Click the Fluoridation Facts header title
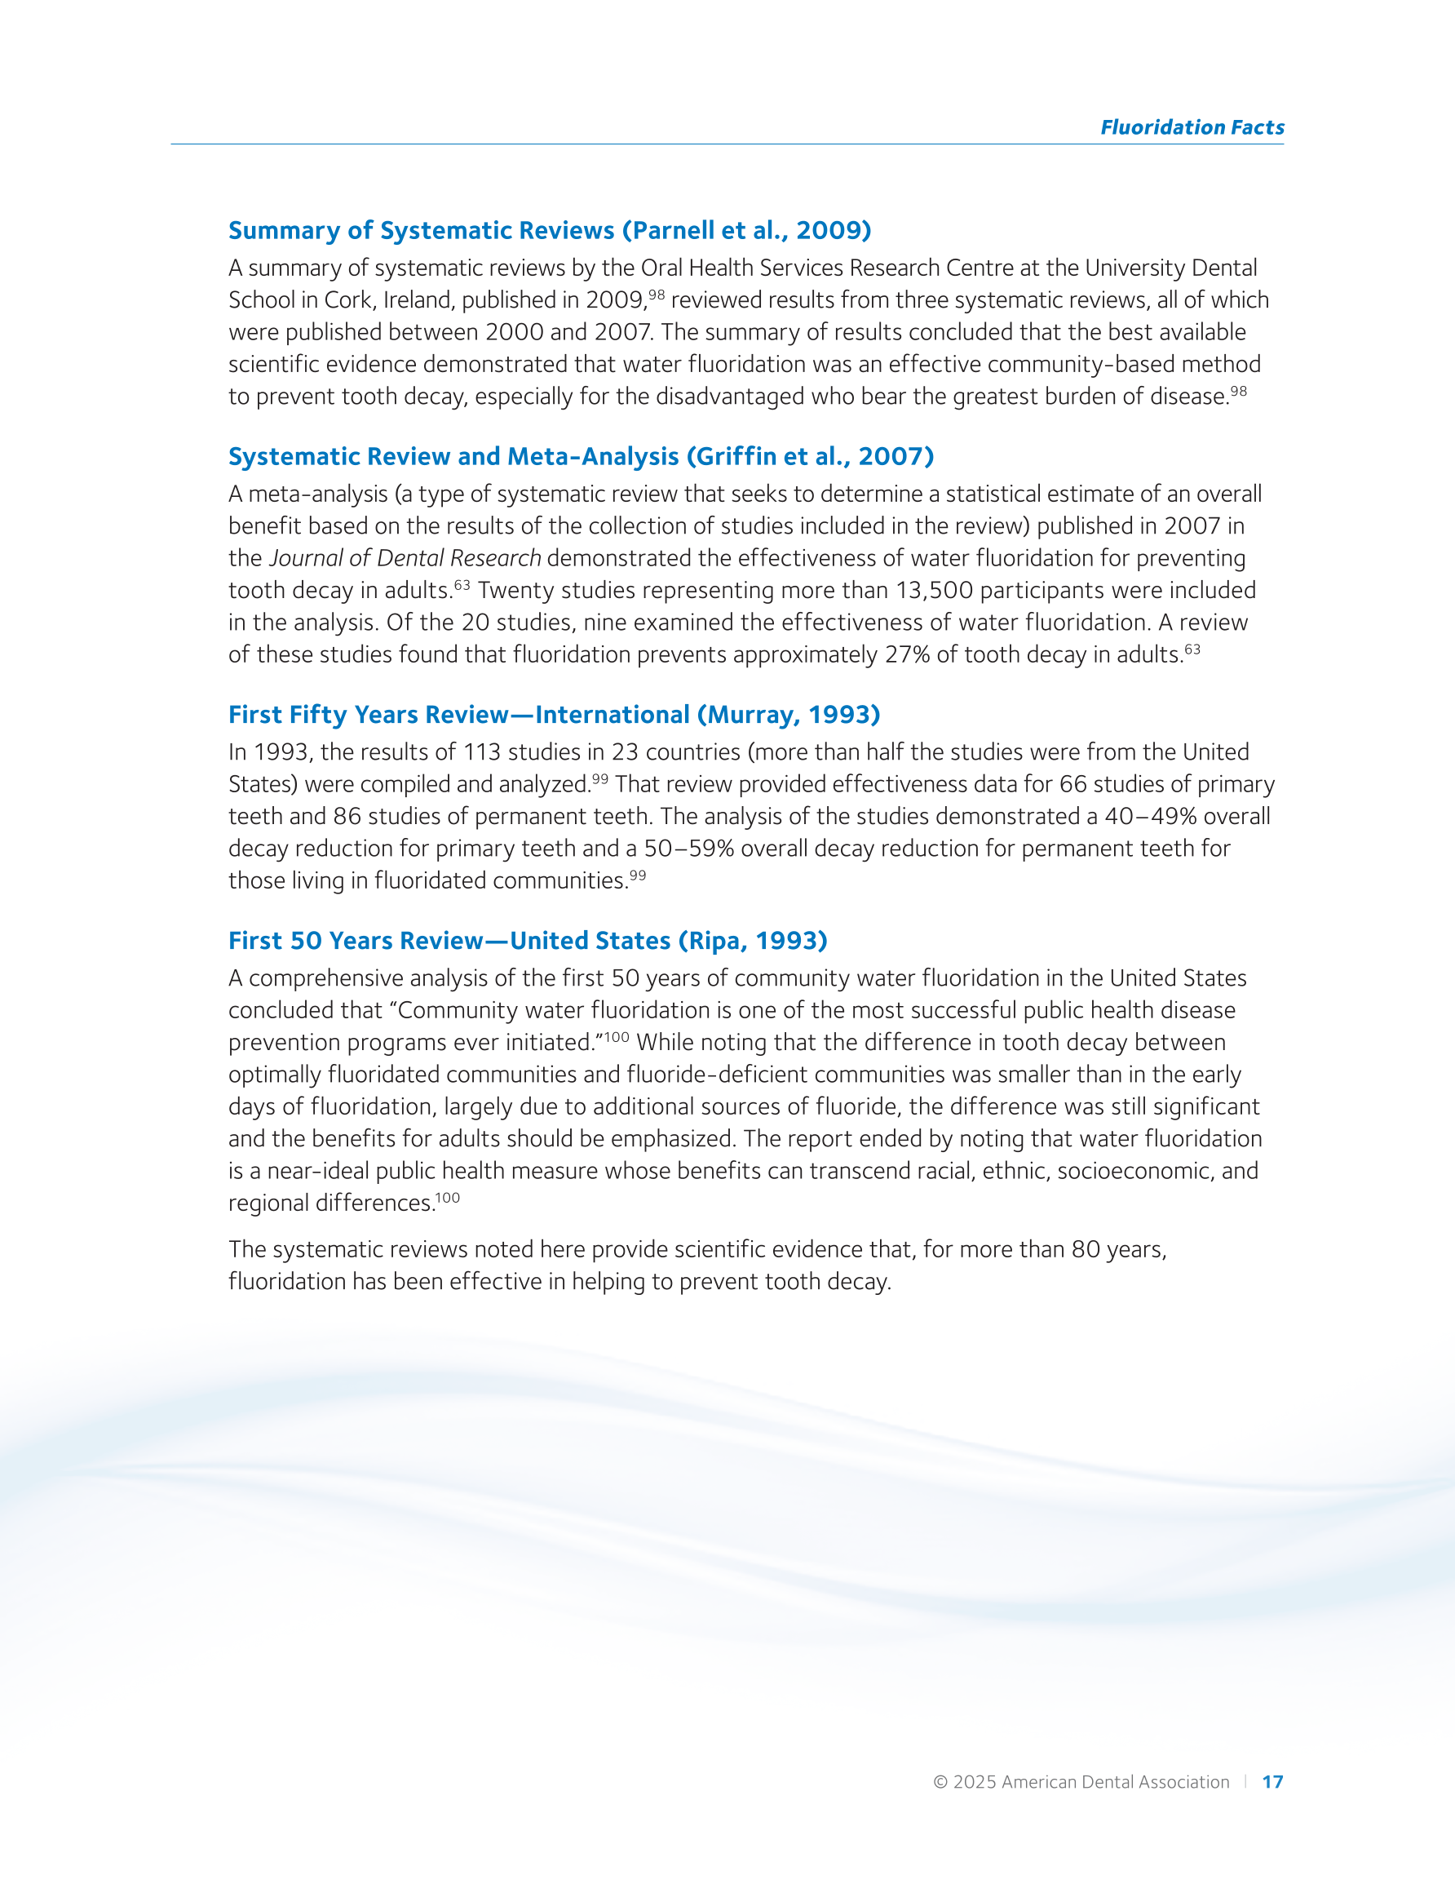click(1192, 127)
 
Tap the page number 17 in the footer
click(1272, 1781)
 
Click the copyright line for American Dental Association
click(1081, 1781)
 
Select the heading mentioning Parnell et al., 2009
click(550, 230)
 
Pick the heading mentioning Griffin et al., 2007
click(581, 456)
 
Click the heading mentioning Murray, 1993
click(554, 714)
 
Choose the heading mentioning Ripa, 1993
click(527, 940)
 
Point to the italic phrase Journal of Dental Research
click(405, 558)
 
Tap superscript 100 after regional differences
click(448, 1198)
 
